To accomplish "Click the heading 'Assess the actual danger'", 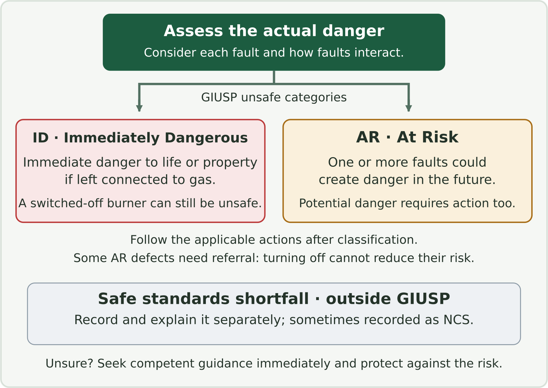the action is tap(274, 31).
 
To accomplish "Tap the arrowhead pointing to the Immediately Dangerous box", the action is tap(139, 108).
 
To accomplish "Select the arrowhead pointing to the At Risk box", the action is tap(409, 108).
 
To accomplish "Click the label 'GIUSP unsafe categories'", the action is tap(274, 97).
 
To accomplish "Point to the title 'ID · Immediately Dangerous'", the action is tap(140, 138).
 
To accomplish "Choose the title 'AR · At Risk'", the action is tap(407, 137).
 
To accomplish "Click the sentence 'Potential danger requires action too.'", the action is tap(407, 203).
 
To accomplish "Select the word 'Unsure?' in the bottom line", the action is tap(69, 364).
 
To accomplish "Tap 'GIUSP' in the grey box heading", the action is tap(423, 299).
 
